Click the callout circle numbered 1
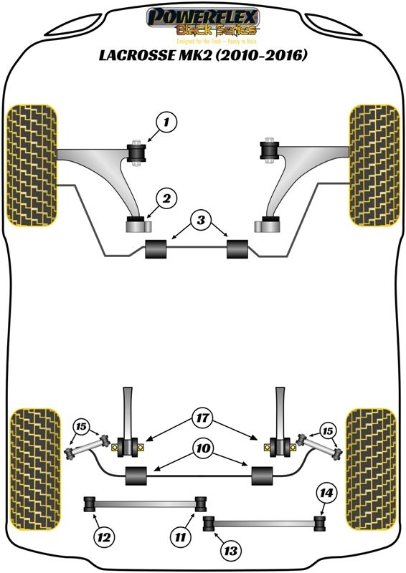tap(166, 123)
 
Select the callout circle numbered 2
tap(166, 197)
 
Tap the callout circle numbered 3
tap(202, 220)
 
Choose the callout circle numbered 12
tap(104, 535)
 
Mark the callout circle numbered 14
tap(326, 493)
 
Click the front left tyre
tap(31, 165)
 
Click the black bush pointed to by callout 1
tap(136, 152)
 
